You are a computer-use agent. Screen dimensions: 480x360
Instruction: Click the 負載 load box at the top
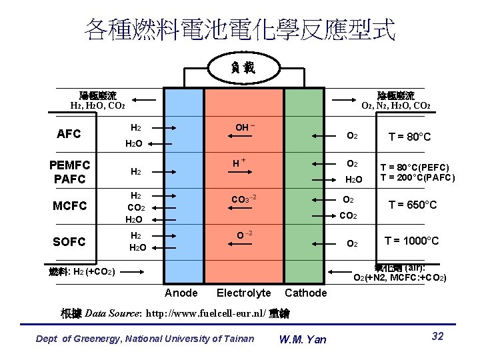pos(241,67)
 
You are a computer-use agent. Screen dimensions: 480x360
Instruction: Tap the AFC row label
pos(69,133)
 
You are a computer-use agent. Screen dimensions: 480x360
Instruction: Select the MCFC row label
pos(71,206)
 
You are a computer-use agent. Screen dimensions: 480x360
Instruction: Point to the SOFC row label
pos(69,241)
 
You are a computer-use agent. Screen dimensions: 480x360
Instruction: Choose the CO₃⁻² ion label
pos(243,199)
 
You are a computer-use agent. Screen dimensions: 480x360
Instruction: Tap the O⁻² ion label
pos(243,235)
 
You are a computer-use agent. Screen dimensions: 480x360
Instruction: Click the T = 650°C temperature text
pos(413,205)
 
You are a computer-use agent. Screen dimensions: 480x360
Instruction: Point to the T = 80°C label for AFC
pos(410,137)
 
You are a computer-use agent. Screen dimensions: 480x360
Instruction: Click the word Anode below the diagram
pos(181,293)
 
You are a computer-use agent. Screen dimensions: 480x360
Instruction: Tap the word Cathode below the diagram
pos(306,293)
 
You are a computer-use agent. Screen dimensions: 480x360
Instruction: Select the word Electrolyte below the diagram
pos(244,293)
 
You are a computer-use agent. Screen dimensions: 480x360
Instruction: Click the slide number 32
pos(438,336)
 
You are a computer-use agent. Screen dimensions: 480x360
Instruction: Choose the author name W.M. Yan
pos(303,339)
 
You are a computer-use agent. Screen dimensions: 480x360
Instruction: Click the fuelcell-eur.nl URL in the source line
pos(205,314)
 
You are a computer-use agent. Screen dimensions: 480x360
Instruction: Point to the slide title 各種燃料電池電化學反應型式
pos(240,29)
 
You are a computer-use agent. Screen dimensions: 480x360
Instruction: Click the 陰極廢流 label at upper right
pos(396,95)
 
